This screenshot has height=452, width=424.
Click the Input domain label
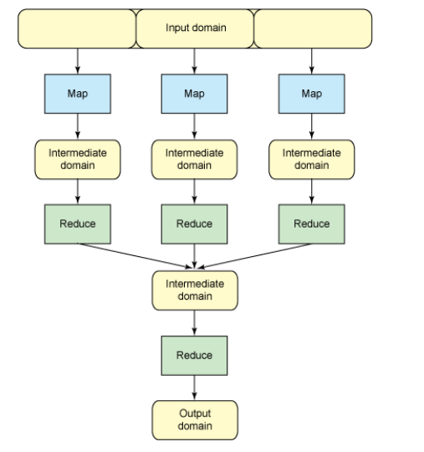click(194, 27)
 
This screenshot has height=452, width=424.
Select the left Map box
click(77, 94)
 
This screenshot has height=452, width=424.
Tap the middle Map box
click(194, 94)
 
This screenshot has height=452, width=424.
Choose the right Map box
click(311, 94)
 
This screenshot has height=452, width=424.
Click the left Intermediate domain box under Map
click(77, 159)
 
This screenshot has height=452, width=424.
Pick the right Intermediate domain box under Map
click(311, 159)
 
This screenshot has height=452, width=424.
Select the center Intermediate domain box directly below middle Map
click(194, 159)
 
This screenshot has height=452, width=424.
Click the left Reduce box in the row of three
click(77, 223)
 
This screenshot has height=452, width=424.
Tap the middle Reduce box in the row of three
click(194, 223)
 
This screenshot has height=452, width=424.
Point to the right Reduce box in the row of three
click(311, 223)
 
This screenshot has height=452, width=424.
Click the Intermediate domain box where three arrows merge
click(194, 290)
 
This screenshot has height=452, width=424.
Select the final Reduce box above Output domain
click(194, 355)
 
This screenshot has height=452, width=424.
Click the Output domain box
click(194, 419)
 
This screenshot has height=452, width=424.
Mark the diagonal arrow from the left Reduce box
click(134, 255)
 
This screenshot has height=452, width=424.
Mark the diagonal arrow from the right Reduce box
click(255, 255)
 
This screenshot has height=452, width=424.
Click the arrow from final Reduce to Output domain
click(194, 387)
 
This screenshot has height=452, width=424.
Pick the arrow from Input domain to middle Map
click(194, 60)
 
